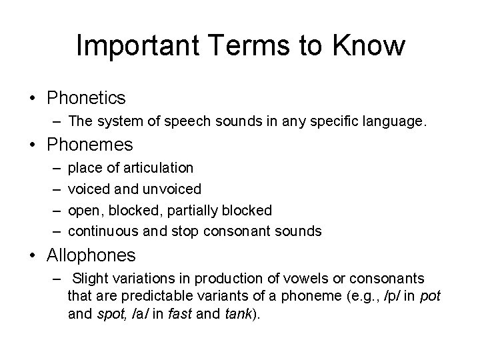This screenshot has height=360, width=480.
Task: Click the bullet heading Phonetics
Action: (x=86, y=98)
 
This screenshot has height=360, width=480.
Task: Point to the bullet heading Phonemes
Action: (x=90, y=144)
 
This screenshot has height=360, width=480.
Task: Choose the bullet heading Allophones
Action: (x=92, y=254)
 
